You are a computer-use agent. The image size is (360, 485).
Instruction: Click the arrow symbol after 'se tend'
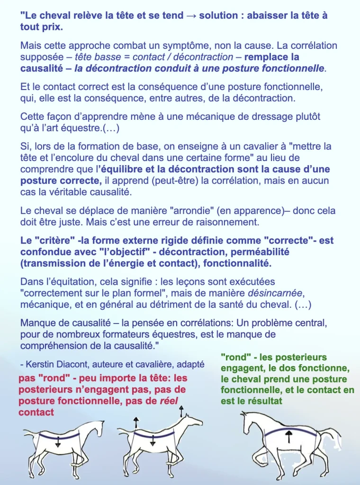click(191, 16)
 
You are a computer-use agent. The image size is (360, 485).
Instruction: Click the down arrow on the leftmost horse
click(57, 442)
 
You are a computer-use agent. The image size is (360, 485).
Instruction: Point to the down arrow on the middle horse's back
click(153, 442)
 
